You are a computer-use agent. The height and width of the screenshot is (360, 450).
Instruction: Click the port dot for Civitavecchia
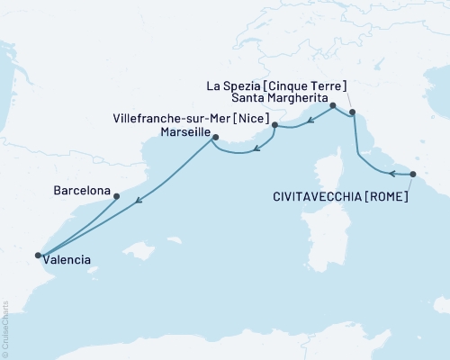coord(413,174)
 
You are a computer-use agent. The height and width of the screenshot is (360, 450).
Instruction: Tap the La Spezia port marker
coord(352,112)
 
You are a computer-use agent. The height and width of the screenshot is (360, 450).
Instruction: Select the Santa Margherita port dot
coord(333,106)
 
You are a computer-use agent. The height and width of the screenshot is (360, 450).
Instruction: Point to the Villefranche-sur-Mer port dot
coord(274,124)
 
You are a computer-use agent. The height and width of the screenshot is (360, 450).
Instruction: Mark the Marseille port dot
coord(214,137)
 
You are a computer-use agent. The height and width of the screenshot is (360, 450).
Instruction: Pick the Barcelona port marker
coord(116,196)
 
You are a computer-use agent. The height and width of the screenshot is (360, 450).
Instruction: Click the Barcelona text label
coord(82,191)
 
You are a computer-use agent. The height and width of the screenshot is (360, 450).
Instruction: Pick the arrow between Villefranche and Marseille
coord(256,147)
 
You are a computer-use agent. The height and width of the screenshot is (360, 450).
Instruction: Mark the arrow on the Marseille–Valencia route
coord(138,202)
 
